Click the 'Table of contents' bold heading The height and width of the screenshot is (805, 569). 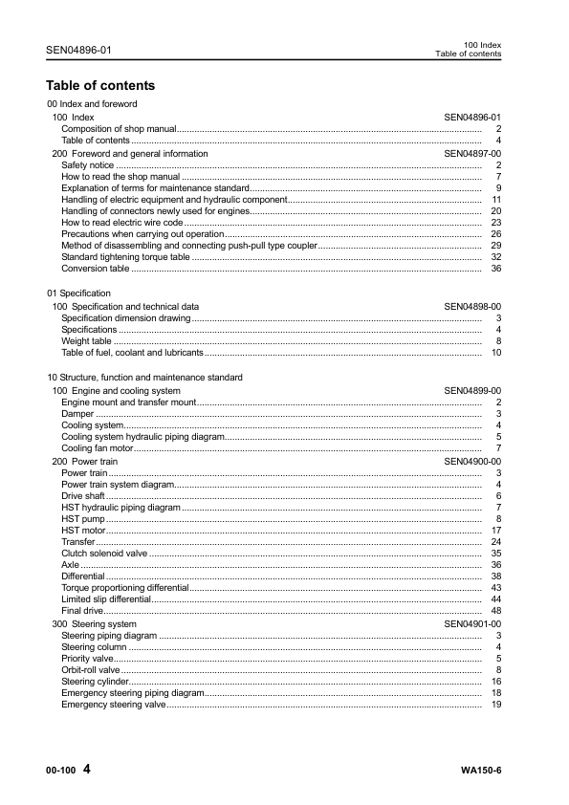click(x=100, y=85)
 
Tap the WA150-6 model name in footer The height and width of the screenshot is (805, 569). click(x=480, y=771)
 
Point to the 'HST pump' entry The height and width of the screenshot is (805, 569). click(x=82, y=518)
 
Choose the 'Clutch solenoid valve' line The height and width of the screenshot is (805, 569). click(x=104, y=553)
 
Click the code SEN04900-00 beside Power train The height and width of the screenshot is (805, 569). click(x=472, y=461)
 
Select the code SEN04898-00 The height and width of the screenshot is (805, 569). click(x=472, y=306)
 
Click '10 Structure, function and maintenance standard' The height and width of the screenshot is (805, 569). click(x=144, y=378)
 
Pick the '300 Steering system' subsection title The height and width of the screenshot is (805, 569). click(x=95, y=623)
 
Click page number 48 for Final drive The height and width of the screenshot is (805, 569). click(x=496, y=611)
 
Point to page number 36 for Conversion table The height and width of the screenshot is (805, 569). click(x=496, y=269)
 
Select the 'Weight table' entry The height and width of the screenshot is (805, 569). click(x=86, y=340)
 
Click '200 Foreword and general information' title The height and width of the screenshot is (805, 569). click(x=129, y=153)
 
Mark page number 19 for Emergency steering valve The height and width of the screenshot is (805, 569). click(x=496, y=705)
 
